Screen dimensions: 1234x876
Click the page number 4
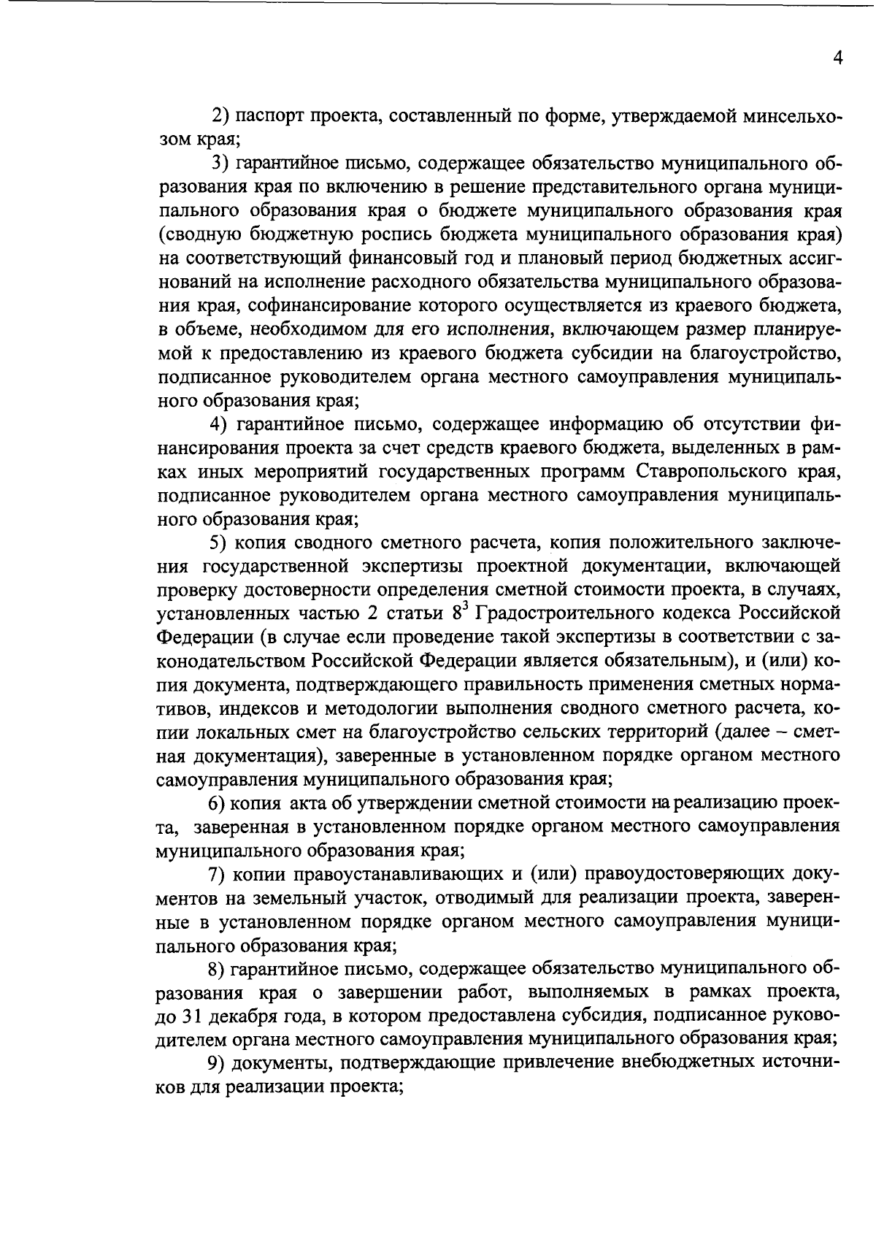coord(838,58)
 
